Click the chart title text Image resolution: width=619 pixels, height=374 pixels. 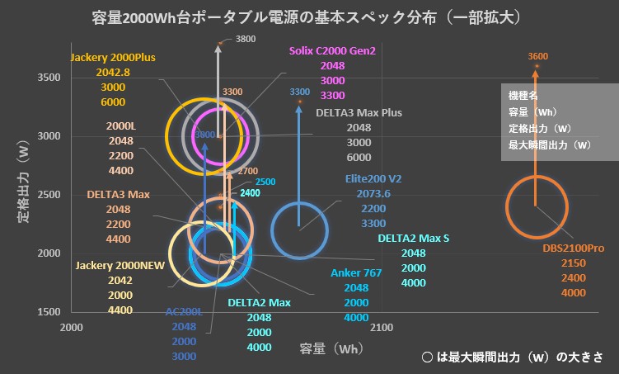(x=309, y=17)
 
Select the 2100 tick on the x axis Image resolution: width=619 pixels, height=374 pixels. (x=381, y=328)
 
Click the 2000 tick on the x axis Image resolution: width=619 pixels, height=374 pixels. (x=73, y=328)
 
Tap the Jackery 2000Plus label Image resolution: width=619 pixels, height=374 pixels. (x=113, y=58)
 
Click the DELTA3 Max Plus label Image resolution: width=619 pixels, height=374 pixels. (x=358, y=113)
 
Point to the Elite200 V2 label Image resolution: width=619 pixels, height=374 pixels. (x=373, y=178)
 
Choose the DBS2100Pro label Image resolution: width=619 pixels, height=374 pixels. (x=573, y=248)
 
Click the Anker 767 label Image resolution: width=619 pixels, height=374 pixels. (x=356, y=272)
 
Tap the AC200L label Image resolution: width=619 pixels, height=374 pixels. (x=184, y=312)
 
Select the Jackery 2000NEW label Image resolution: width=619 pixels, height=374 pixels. (x=120, y=266)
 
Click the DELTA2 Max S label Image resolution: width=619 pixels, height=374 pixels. (x=414, y=239)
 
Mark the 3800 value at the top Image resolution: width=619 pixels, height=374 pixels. (x=245, y=39)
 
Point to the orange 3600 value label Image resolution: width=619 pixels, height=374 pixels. (x=537, y=57)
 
